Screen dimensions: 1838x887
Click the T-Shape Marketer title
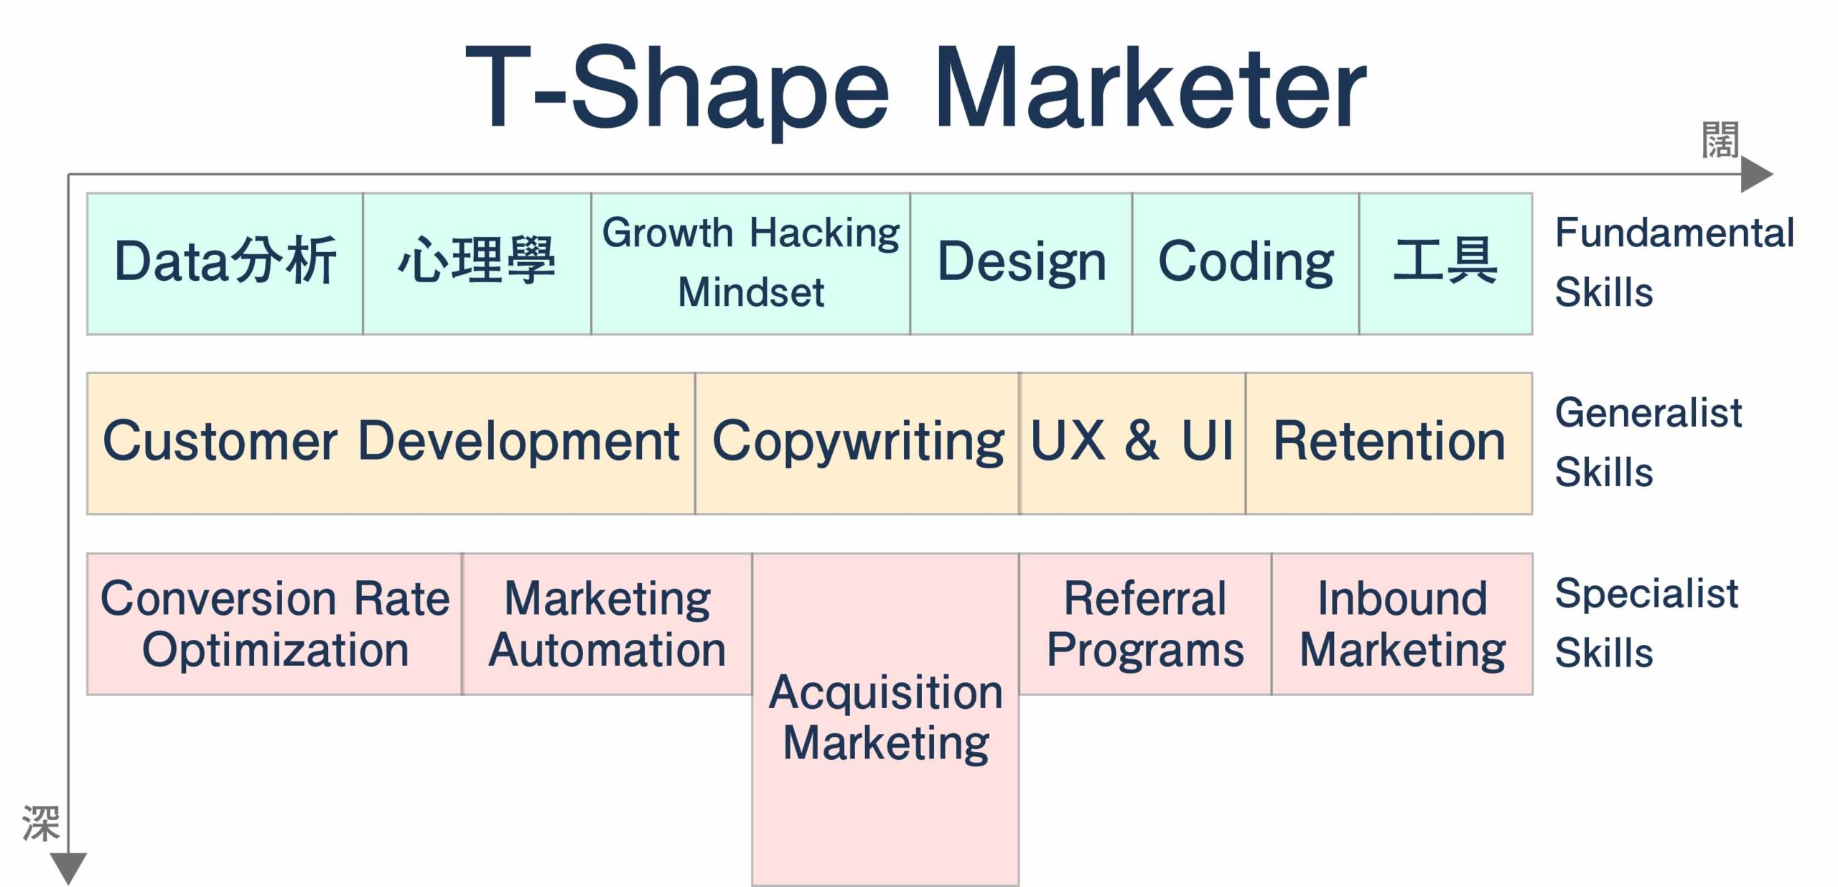[x=916, y=90]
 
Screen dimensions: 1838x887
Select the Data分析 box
[x=225, y=264]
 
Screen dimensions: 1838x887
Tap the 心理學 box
[x=477, y=264]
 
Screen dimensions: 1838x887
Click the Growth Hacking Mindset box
[x=751, y=264]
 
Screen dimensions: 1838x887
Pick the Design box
[x=1022, y=264]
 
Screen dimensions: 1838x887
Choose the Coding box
[x=1246, y=264]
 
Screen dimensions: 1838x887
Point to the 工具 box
[x=1446, y=264]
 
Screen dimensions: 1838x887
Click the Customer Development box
[x=391, y=443]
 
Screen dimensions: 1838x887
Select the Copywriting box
[x=858, y=443]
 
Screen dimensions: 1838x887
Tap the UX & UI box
[x=1133, y=443]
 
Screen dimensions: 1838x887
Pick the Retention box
[x=1389, y=443]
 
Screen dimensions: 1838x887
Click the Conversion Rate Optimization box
[x=275, y=623]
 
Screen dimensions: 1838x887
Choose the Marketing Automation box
[x=607, y=623]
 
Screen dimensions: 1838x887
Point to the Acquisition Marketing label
[x=886, y=718]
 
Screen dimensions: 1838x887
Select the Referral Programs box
[x=1146, y=623]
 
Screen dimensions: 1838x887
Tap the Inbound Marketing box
[x=1402, y=623]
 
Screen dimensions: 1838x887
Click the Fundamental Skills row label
[x=1674, y=262]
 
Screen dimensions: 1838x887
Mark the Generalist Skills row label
[x=1648, y=442]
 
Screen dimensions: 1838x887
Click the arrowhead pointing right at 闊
[x=1757, y=175]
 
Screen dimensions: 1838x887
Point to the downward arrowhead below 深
[x=69, y=868]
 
